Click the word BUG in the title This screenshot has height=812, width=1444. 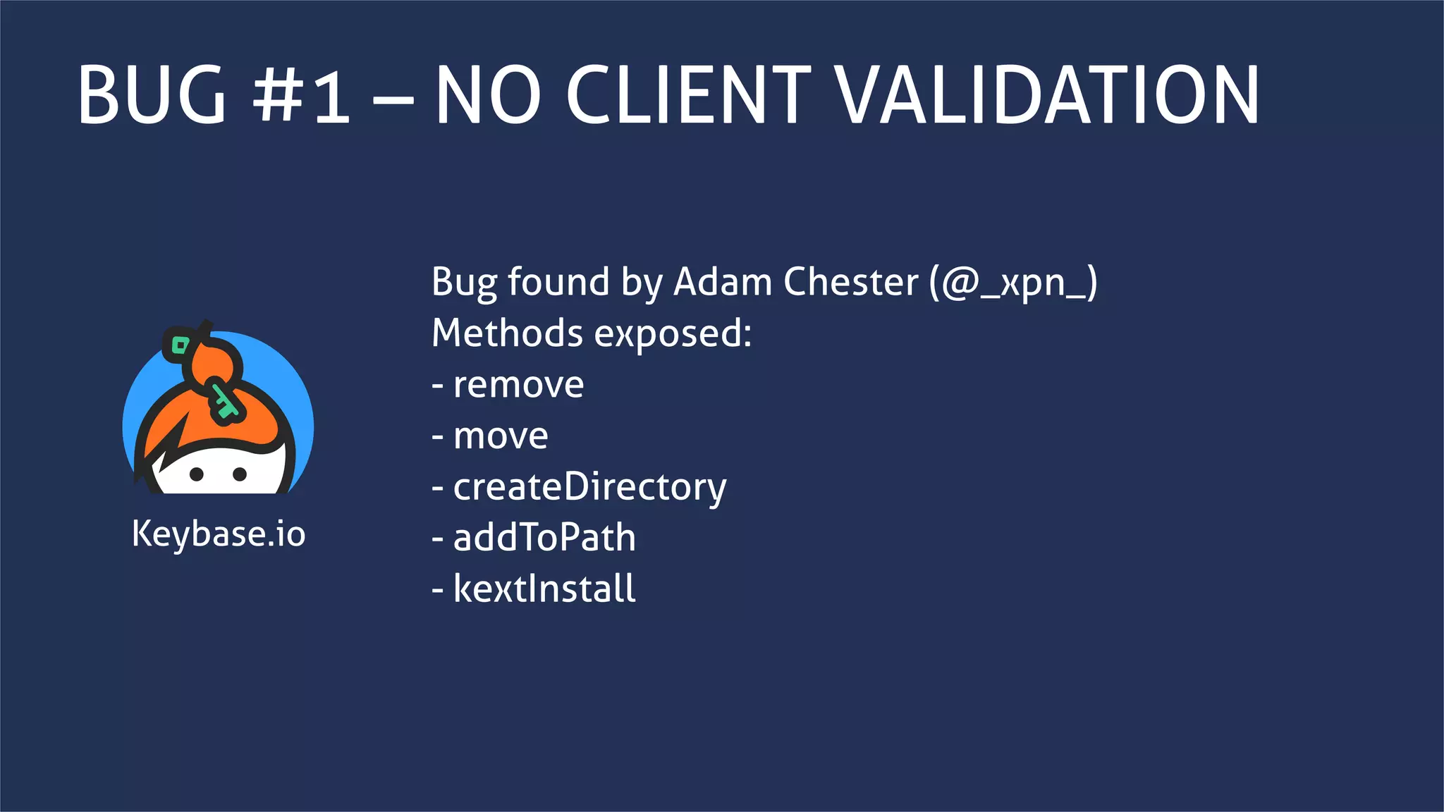(152, 95)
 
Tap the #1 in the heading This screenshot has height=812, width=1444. (302, 95)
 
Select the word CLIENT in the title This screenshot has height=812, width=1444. (688, 95)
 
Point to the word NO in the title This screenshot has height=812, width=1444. (488, 95)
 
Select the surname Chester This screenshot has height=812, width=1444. (851, 282)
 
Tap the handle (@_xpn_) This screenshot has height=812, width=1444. (1013, 283)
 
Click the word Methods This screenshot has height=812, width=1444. (507, 333)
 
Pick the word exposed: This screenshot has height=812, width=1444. (673, 334)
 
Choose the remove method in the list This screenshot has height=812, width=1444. (518, 385)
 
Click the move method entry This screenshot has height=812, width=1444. (500, 436)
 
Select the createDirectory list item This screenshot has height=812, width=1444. (589, 487)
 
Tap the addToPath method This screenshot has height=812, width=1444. (544, 538)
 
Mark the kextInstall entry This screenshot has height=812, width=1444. (544, 589)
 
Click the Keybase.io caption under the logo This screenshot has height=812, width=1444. (219, 534)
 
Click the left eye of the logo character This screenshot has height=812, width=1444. (197, 474)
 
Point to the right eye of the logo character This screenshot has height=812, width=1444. (240, 474)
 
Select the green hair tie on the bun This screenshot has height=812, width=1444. (180, 345)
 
